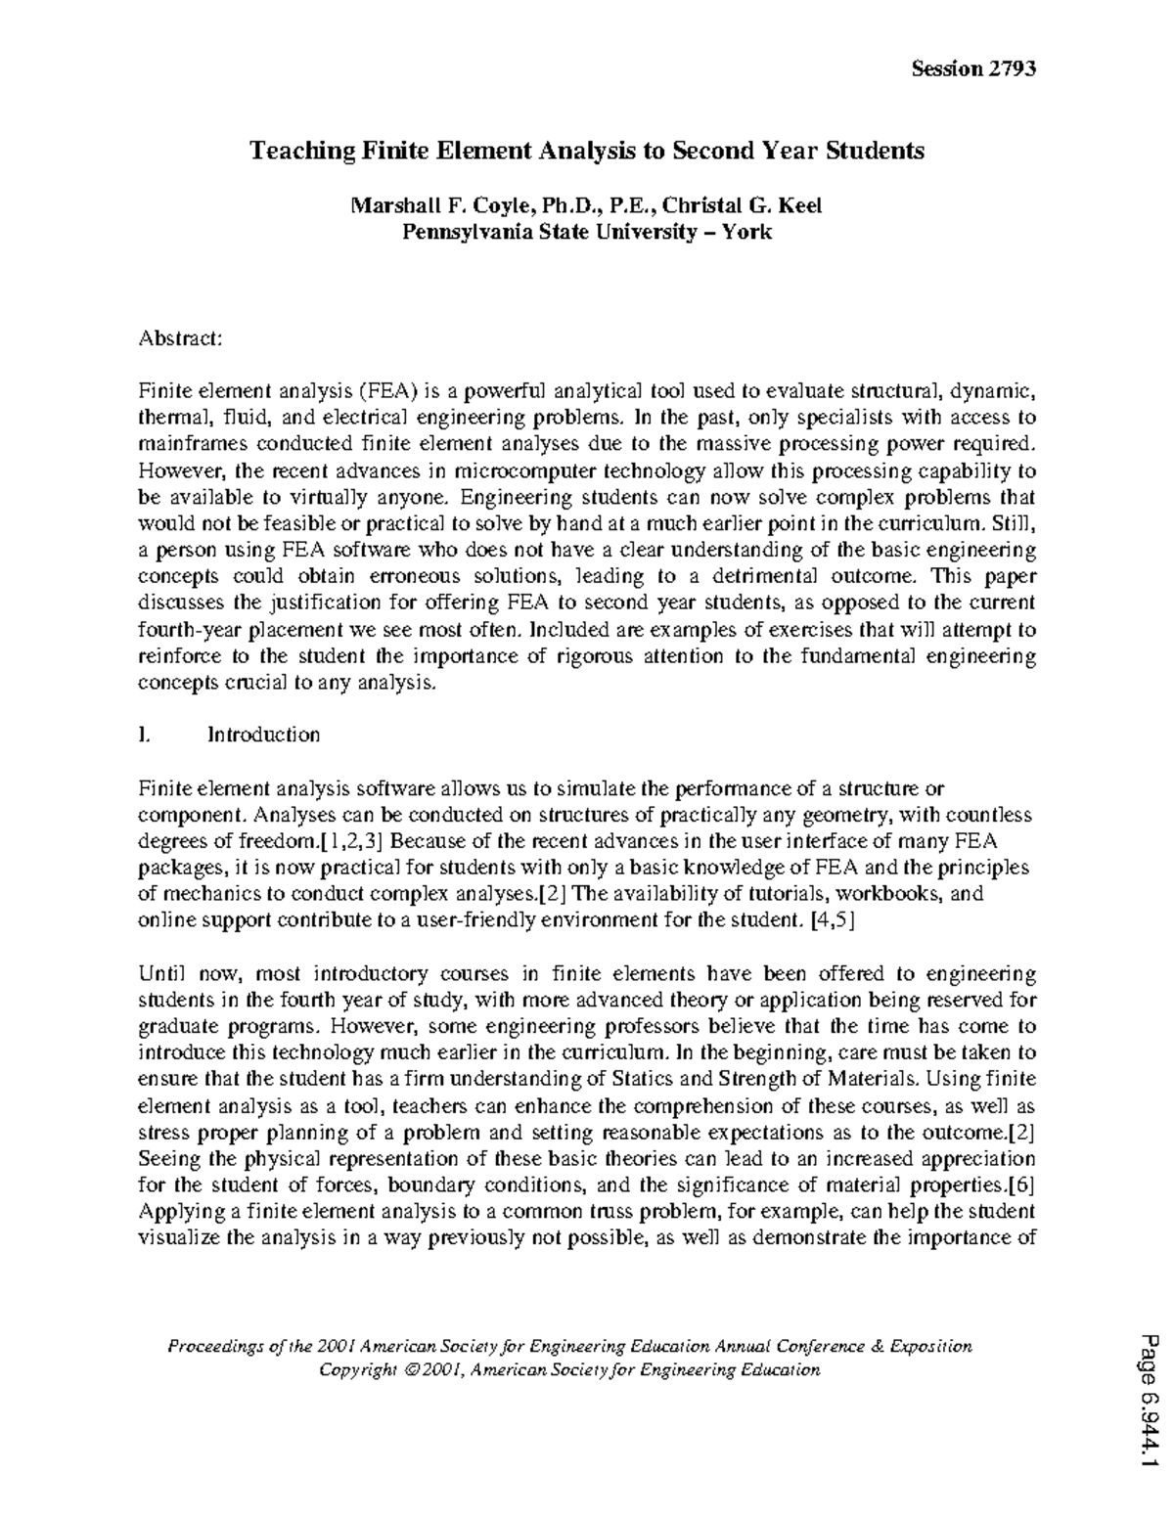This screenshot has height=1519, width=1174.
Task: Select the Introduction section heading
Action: pos(263,735)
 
